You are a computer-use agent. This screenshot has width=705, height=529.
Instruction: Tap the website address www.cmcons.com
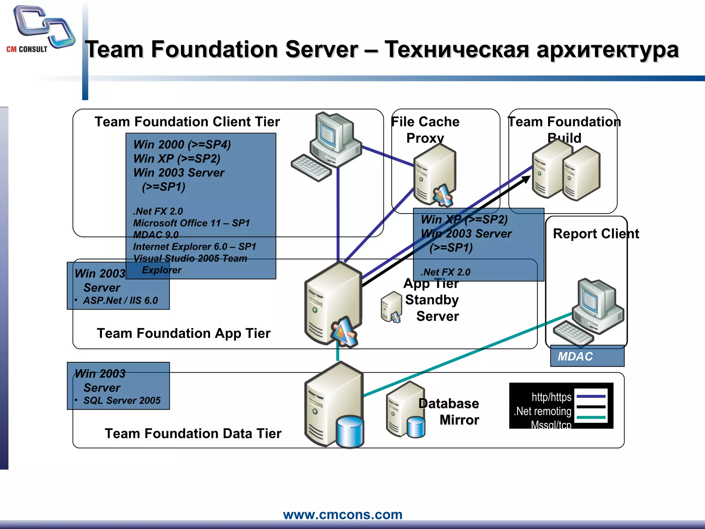343,515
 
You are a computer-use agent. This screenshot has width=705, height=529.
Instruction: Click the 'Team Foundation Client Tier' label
187,122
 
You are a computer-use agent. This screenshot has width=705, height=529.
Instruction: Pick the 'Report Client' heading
596,234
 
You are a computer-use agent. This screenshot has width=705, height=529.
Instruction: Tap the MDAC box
587,356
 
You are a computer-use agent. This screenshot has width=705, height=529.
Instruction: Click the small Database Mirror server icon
405,410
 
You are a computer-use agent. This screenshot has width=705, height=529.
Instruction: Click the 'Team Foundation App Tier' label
183,333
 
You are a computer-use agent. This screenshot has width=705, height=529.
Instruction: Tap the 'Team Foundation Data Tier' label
193,434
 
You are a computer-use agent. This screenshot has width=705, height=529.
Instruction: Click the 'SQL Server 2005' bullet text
122,401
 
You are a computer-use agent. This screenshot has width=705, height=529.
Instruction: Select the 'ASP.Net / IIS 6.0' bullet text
120,301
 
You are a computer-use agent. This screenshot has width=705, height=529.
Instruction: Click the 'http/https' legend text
551,397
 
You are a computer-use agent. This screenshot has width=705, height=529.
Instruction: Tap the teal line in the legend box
591,417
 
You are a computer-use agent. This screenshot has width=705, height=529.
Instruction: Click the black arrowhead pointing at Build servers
526,179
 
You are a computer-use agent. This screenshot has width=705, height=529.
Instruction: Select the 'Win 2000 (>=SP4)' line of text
182,145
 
